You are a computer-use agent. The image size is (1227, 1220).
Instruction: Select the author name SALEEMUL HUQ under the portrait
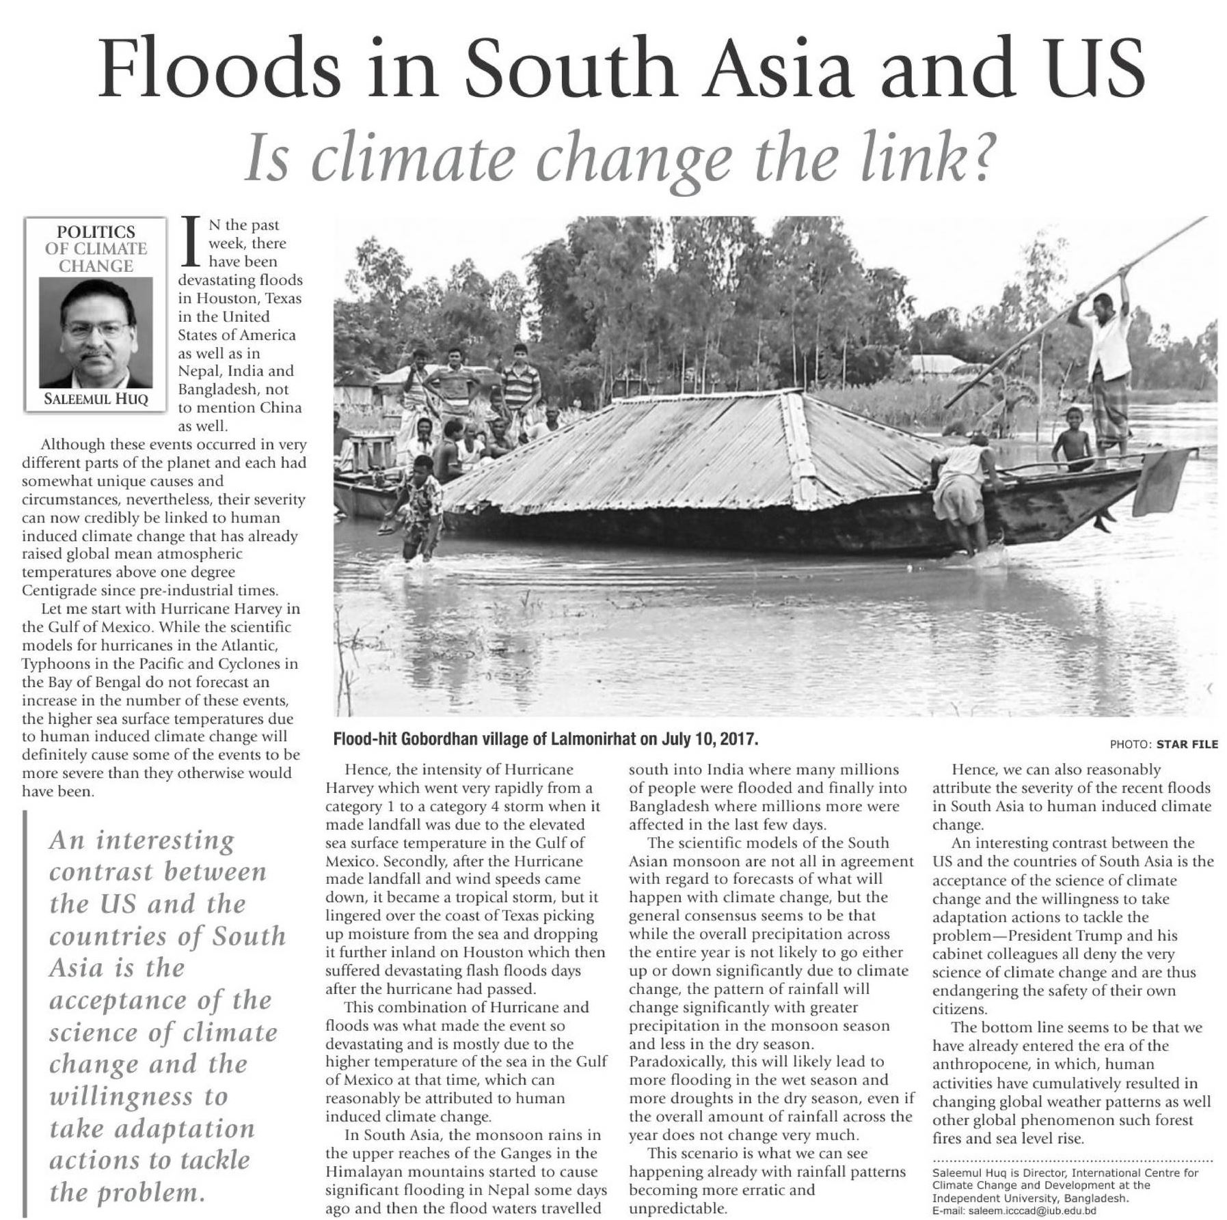[96, 400]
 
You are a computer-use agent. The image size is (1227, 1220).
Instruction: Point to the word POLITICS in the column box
[96, 232]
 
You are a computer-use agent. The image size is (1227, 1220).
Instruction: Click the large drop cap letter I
[193, 242]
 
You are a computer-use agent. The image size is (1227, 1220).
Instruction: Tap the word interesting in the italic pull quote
[165, 840]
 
